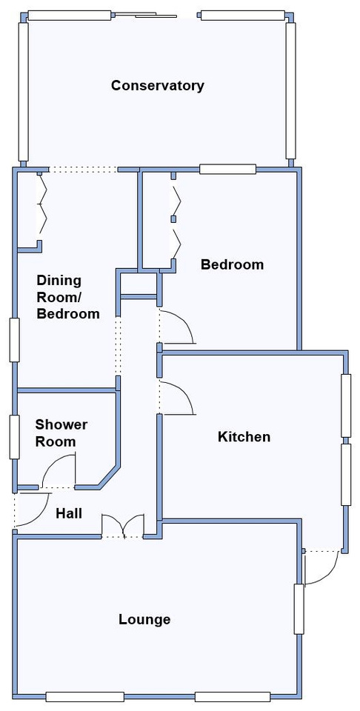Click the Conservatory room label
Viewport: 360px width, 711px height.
(157, 85)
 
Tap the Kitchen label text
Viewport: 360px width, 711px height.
(244, 437)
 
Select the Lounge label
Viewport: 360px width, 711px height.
(144, 619)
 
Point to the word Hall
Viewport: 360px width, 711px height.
(69, 513)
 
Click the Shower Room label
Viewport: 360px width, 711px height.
(61, 433)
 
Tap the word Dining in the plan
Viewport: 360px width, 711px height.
(59, 280)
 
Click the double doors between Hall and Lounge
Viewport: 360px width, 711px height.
(123, 526)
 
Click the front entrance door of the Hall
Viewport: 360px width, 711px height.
(32, 510)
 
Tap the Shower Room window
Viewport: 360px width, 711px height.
(15, 436)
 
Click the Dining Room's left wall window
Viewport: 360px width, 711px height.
(15, 340)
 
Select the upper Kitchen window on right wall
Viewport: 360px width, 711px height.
(346, 406)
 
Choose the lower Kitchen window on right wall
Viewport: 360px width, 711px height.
(346, 474)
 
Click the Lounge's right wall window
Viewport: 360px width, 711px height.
(299, 609)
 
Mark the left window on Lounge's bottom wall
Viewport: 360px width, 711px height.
(84, 697)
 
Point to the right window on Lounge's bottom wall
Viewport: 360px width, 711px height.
(233, 697)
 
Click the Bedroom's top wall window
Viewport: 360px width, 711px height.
(227, 169)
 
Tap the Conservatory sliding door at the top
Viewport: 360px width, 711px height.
(144, 16)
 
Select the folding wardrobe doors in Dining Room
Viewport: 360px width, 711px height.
(41, 207)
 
